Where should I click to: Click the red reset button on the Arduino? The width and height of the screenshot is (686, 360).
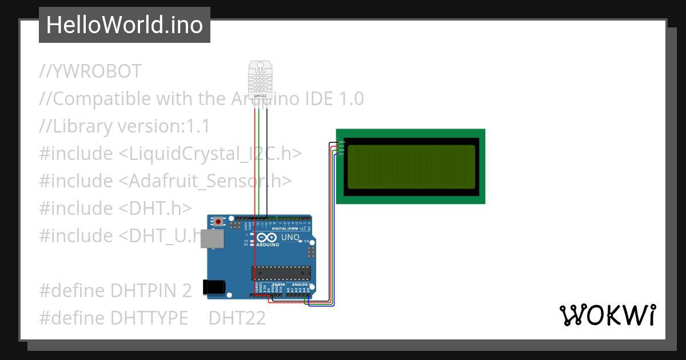pos(218,221)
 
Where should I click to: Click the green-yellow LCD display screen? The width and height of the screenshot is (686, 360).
pos(411,167)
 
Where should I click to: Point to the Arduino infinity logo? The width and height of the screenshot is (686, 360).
pos(267,238)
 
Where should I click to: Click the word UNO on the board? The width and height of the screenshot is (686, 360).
pos(290,237)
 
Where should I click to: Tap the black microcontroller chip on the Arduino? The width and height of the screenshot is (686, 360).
pos(281,274)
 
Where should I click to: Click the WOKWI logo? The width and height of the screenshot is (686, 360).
pos(607,315)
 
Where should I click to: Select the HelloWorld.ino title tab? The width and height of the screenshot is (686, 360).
pos(125,25)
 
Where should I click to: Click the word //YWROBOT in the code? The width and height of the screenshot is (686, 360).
pos(90,71)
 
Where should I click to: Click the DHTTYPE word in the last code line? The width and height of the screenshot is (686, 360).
pos(149,318)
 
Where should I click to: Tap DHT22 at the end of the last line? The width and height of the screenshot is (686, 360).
pos(237,318)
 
